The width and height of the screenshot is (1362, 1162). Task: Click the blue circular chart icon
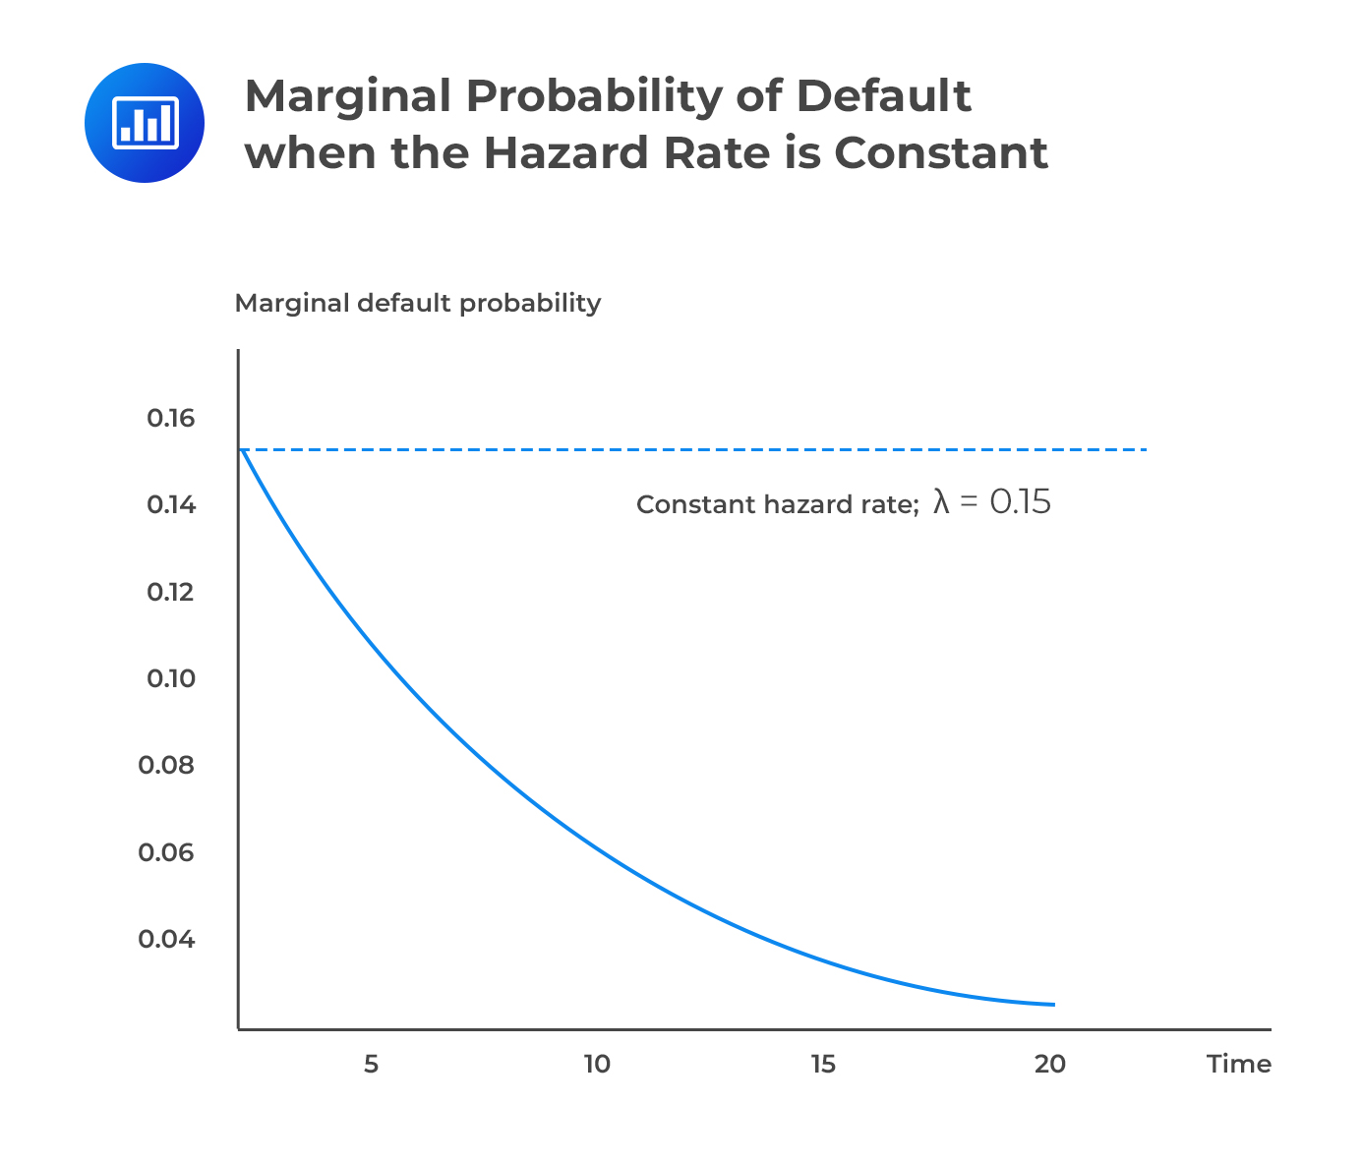coord(145,123)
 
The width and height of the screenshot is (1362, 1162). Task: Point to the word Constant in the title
coord(941,153)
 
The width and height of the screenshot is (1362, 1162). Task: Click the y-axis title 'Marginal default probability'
coord(417,303)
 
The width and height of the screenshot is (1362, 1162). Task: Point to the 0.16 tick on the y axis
coord(171,419)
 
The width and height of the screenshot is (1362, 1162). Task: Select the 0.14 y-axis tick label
coord(171,505)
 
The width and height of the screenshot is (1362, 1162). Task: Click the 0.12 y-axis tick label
coord(171,592)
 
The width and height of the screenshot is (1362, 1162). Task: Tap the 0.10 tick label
coord(171,678)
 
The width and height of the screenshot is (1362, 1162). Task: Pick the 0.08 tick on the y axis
coord(167,765)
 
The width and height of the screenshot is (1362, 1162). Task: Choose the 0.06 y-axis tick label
coord(167,852)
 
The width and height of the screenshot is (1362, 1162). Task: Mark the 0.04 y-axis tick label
coord(167,939)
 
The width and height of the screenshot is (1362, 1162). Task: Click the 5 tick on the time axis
coord(371,1065)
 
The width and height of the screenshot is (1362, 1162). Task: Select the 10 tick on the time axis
coord(597,1065)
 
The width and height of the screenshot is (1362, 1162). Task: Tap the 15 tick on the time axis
coord(823,1065)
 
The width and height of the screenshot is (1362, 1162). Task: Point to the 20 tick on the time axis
coord(1050,1065)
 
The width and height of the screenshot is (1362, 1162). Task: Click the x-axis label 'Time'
coord(1239,1065)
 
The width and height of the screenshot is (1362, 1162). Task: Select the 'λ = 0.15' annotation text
coord(991,502)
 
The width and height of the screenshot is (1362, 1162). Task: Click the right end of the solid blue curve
coord(1053,1004)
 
